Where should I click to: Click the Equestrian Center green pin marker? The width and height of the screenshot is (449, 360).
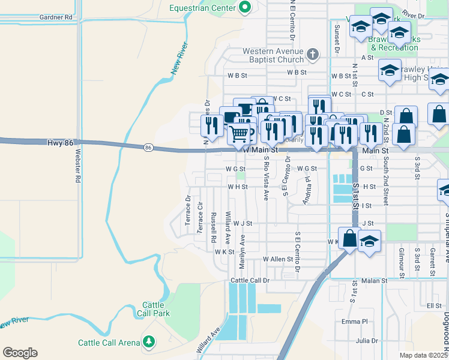pyautogui.click(x=245, y=7)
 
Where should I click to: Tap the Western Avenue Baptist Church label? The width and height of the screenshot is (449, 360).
pyautogui.click(x=273, y=55)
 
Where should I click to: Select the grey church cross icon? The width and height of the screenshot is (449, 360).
pyautogui.click(x=312, y=55)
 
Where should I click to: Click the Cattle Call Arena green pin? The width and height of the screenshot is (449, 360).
pyautogui.click(x=148, y=343)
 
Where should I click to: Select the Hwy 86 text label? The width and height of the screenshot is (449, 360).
pyautogui.click(x=60, y=143)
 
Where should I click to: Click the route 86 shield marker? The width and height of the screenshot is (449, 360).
pyautogui.click(x=148, y=147)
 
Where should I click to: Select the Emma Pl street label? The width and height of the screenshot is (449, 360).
pyautogui.click(x=354, y=322)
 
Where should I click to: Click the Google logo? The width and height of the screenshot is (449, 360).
pyautogui.click(x=20, y=353)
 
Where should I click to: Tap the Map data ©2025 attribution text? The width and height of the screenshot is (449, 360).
pyautogui.click(x=424, y=355)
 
